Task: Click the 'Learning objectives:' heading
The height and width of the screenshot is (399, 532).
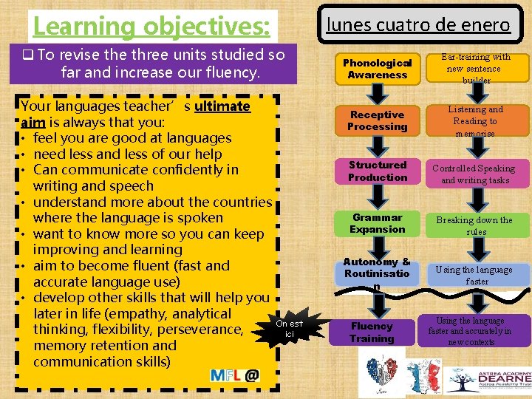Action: point(151,26)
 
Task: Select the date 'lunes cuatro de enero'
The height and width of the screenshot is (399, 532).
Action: point(418,24)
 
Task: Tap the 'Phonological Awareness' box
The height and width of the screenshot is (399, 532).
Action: point(378,69)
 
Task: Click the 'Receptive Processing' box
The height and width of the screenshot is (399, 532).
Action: point(378,120)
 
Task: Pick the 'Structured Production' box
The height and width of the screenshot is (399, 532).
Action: point(378,171)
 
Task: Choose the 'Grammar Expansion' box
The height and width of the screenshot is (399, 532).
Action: point(378,223)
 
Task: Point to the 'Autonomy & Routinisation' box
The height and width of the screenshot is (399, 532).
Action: point(378,273)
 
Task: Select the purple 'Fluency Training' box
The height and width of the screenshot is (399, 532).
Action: point(372,332)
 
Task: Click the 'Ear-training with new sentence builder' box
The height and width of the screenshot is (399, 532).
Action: point(475,68)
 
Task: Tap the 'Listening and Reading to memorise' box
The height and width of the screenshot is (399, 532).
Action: point(475,120)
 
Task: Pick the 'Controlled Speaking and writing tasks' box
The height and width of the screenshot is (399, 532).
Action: point(475,174)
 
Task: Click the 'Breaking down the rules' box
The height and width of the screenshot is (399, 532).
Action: point(475,225)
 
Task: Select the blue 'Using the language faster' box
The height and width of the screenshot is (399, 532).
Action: point(475,275)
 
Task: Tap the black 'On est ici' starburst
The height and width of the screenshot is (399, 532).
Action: point(289,329)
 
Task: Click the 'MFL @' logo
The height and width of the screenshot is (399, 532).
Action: point(234,375)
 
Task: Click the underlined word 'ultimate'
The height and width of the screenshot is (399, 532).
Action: point(222,106)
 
